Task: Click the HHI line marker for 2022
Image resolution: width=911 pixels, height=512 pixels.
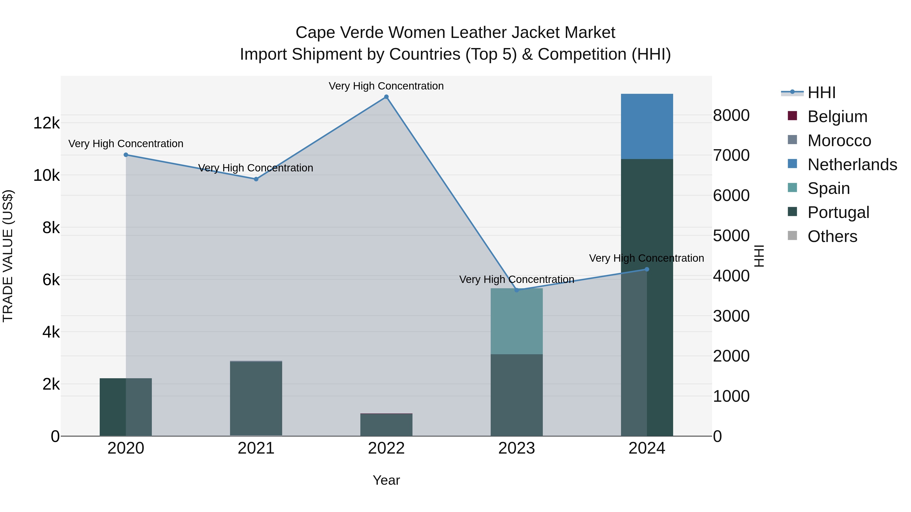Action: (386, 97)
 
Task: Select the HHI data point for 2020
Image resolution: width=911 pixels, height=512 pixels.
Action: (126, 155)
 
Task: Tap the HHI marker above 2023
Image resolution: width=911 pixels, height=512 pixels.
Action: (517, 290)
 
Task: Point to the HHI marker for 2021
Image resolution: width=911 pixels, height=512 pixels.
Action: (256, 179)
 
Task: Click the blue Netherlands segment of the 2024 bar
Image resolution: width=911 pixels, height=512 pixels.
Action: (647, 126)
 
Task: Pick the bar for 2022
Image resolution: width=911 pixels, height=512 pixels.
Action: (386, 425)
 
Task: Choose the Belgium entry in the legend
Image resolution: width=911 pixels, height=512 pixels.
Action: (837, 117)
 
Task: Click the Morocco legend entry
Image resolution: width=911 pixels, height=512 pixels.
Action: (839, 141)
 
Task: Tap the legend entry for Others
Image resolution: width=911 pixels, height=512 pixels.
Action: (832, 236)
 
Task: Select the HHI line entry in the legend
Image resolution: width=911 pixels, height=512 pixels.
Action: (821, 93)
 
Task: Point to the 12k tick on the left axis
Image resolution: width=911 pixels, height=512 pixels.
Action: (46, 123)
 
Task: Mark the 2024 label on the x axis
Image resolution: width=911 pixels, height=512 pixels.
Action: (647, 448)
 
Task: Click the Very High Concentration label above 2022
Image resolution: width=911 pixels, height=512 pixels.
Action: (386, 86)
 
